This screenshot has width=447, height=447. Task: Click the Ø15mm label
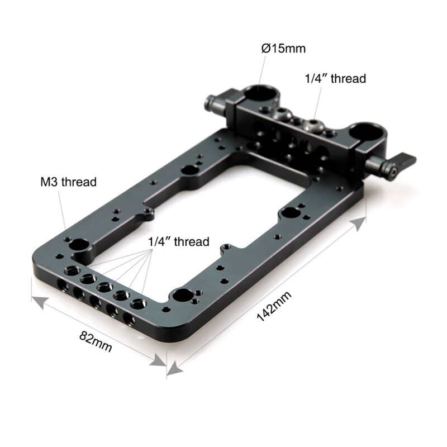coord(283,48)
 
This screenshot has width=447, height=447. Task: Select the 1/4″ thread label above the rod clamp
coord(335,79)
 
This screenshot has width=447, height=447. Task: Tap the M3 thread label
coord(68,182)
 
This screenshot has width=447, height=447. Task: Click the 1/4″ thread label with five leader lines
coord(179,242)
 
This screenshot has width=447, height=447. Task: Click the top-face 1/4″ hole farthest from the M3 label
coord(137,305)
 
